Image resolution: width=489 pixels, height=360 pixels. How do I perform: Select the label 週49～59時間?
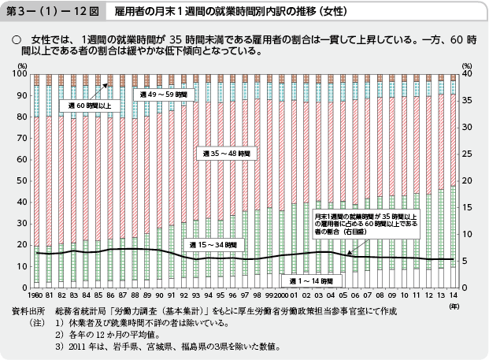pos(161,94)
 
